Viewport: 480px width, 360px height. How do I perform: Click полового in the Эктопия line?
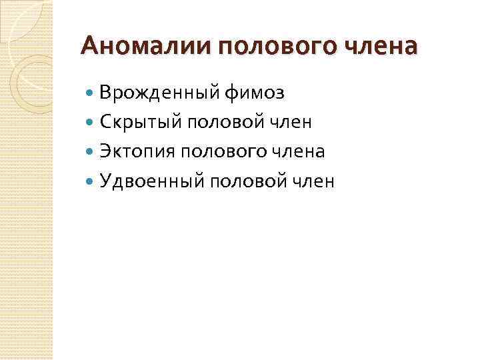[229, 151]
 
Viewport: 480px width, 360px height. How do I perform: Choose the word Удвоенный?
[154, 181]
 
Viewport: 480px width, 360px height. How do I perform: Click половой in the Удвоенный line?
[253, 181]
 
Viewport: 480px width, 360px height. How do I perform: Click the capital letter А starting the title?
[88, 47]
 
